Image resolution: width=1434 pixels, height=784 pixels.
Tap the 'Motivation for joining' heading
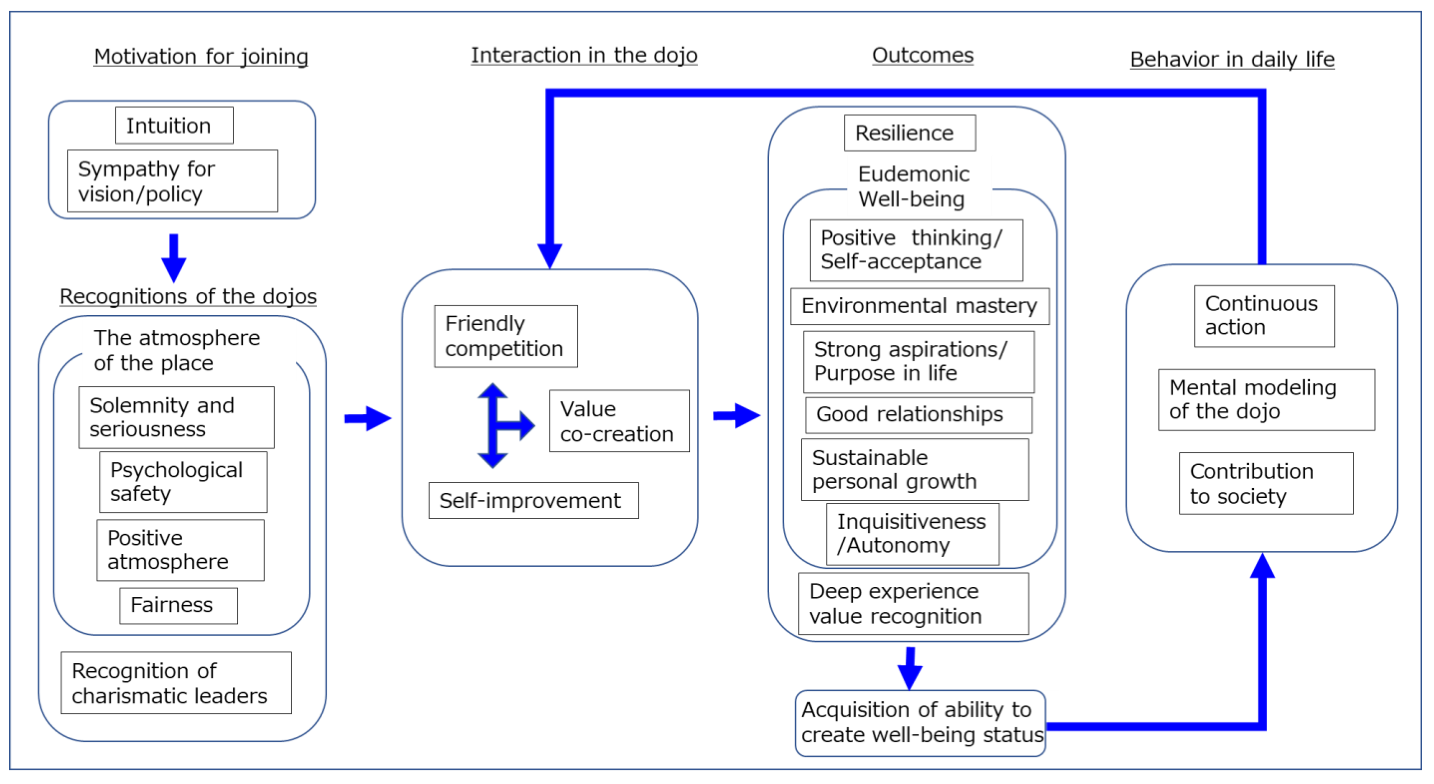click(x=201, y=56)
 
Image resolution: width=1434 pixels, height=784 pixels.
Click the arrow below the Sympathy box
click(x=174, y=258)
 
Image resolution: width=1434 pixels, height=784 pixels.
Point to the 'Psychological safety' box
click(x=183, y=482)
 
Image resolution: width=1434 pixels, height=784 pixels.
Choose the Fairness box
click(x=178, y=605)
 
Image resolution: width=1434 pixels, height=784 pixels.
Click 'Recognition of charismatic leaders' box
click(x=176, y=683)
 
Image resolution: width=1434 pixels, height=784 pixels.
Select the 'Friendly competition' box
click(x=505, y=336)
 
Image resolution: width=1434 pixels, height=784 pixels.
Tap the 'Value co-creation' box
click(x=619, y=421)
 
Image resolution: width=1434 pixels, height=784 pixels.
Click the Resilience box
click(x=909, y=133)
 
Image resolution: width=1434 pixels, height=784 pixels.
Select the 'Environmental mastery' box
click(x=919, y=306)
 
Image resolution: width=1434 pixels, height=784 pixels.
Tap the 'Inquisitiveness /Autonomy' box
click(x=912, y=534)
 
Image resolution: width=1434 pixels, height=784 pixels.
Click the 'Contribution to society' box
click(x=1265, y=483)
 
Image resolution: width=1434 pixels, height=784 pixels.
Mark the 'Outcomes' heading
click(x=923, y=55)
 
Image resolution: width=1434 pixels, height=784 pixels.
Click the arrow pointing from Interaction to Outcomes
click(x=736, y=415)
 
